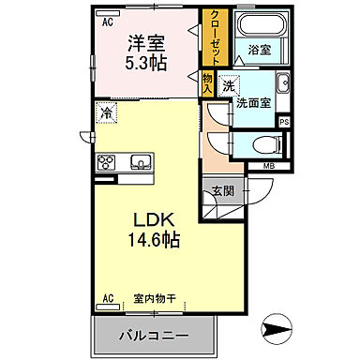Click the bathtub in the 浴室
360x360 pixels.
coord(254,27)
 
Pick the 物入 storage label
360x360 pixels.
coord(207,82)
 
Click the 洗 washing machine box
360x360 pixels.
coord(228,83)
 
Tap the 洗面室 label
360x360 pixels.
coord(253,102)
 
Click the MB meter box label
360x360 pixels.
coord(270,167)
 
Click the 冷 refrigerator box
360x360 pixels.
coord(106,113)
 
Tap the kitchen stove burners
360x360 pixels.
coord(106,162)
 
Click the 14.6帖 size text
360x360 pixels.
coord(147,241)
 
